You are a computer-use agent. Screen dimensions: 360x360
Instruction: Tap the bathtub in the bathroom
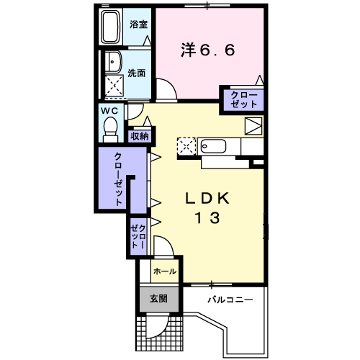click(x=111, y=28)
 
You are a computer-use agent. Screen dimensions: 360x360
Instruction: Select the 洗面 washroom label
click(x=137, y=73)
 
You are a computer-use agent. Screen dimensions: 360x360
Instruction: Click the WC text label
click(x=109, y=111)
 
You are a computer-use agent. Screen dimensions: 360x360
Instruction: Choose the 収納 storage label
click(x=140, y=136)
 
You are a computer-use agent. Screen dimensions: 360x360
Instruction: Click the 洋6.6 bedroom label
click(x=207, y=51)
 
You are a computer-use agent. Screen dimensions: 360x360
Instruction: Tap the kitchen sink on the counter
click(x=212, y=146)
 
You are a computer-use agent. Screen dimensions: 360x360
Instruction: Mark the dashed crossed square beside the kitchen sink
click(x=186, y=146)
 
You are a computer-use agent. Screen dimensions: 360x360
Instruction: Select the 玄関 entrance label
click(x=158, y=297)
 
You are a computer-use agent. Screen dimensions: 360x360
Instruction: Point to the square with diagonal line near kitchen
click(x=253, y=126)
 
